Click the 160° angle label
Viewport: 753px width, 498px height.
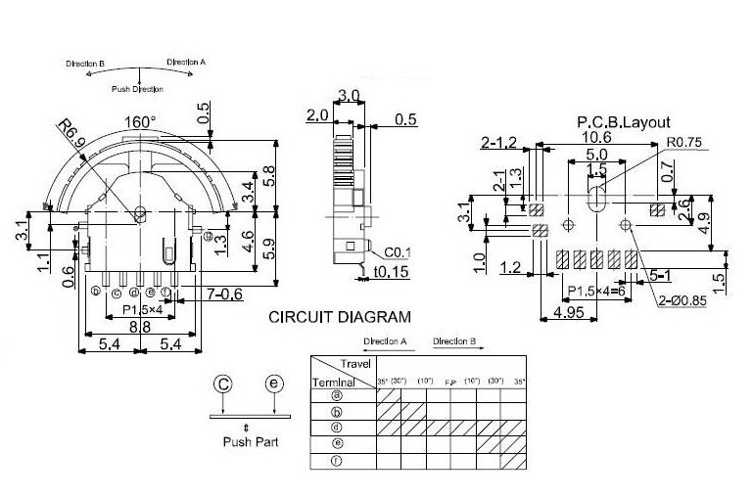pyautogui.click(x=139, y=121)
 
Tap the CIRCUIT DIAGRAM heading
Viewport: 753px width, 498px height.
pyautogui.click(x=340, y=317)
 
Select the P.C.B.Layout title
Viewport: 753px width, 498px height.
pyautogui.click(x=624, y=122)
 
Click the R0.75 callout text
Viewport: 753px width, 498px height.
pyautogui.click(x=686, y=142)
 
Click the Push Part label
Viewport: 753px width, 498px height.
pyautogui.click(x=247, y=442)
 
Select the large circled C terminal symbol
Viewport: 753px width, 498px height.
pyautogui.click(x=223, y=384)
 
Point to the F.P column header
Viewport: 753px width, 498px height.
pyautogui.click(x=450, y=380)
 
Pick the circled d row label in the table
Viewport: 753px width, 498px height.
pyautogui.click(x=337, y=428)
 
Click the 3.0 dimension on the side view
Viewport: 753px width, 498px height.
pyautogui.click(x=348, y=96)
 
